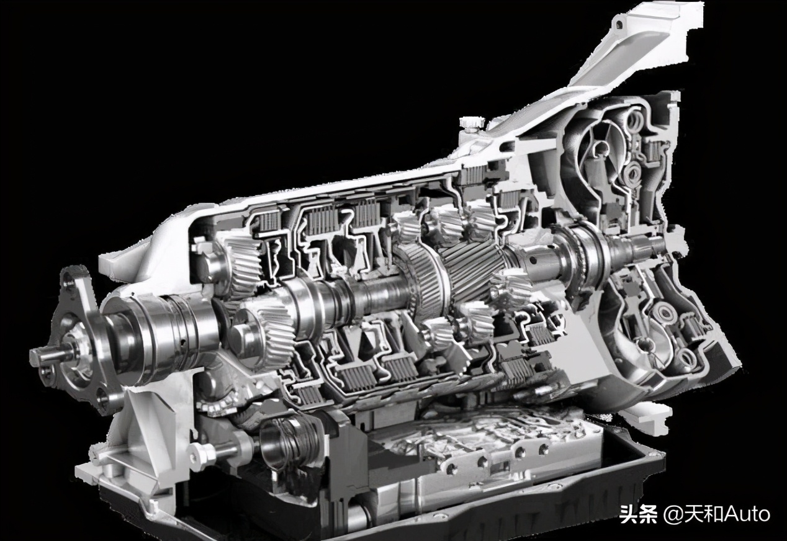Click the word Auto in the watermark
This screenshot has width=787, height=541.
pos(747,514)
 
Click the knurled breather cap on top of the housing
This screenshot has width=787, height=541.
pos(472,123)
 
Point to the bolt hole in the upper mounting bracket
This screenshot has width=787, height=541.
pos(619,24)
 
